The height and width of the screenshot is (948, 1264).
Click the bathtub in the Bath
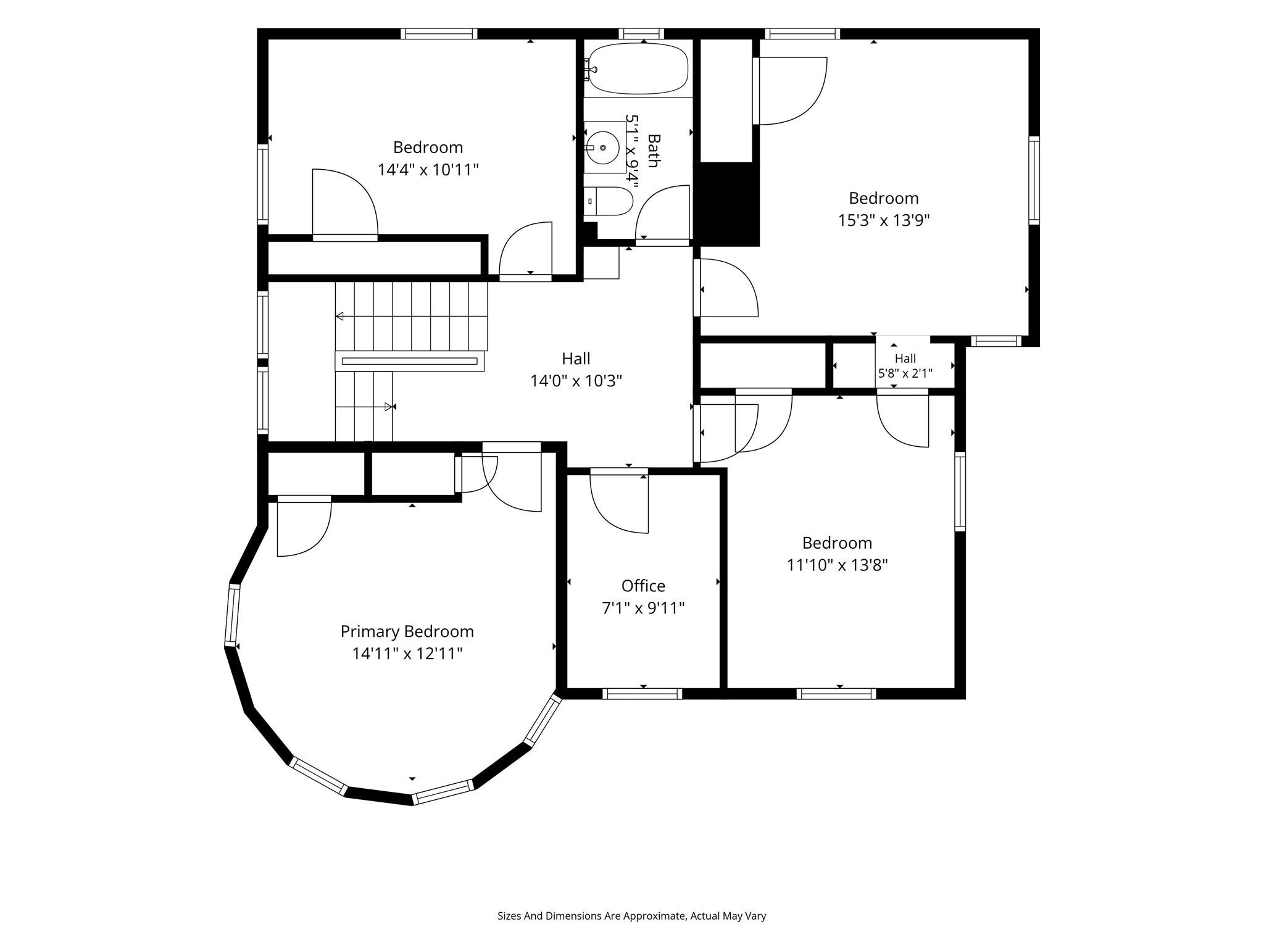pyautogui.click(x=638, y=69)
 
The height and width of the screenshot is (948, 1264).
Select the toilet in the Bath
pyautogui.click(x=609, y=201)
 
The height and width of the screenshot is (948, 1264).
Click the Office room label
pyautogui.click(x=643, y=586)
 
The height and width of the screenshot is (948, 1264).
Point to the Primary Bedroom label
pyautogui.click(x=407, y=632)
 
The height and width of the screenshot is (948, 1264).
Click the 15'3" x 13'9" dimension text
pyautogui.click(x=884, y=220)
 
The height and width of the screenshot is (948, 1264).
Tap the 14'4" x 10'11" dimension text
pyautogui.click(x=428, y=170)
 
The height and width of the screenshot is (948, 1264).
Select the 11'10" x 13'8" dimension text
pyautogui.click(x=837, y=565)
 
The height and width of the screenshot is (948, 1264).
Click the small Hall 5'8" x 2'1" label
pyautogui.click(x=905, y=365)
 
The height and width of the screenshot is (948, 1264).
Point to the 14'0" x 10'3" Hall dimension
pyautogui.click(x=576, y=381)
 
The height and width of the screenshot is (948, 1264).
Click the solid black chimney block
pyautogui.click(x=726, y=204)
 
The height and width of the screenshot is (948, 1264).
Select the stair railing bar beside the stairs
pyautogui.click(x=409, y=361)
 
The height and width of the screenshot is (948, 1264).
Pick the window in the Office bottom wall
pyautogui.click(x=642, y=694)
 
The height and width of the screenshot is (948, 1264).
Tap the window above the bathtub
pyautogui.click(x=642, y=34)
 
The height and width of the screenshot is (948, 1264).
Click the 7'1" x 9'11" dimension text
pyautogui.click(x=643, y=608)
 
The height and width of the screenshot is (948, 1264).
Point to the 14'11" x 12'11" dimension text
pyautogui.click(x=407, y=654)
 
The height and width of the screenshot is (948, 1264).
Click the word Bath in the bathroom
pyautogui.click(x=653, y=151)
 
